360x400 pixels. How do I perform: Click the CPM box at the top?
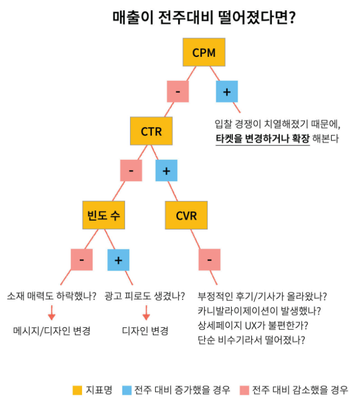tap(204, 52)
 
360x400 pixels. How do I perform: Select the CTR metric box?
tap(151, 131)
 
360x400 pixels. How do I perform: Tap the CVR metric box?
tap(186, 215)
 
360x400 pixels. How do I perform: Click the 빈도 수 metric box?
tap(103, 215)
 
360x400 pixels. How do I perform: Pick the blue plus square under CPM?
tap(227, 92)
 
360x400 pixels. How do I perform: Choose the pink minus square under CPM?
tap(178, 92)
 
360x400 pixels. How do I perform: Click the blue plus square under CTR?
tap(167, 170)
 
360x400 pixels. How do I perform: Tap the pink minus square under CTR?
tap(131, 170)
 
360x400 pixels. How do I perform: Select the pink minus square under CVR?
tap(210, 260)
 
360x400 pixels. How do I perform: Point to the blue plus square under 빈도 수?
tap(119, 260)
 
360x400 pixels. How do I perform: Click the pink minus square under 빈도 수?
tap(81, 260)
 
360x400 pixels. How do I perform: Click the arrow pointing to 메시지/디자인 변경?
tap(52, 313)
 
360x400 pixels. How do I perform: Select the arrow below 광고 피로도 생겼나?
tap(146, 313)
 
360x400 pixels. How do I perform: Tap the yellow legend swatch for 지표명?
tap(77, 390)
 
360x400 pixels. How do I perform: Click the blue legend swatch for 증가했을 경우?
tap(127, 390)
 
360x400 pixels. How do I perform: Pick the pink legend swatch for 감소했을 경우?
tap(245, 390)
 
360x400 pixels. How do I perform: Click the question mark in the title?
tap(292, 17)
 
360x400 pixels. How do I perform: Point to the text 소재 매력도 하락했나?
tap(52, 296)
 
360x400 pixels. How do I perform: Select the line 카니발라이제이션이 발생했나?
tap(259, 311)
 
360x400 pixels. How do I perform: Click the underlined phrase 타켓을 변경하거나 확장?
tap(263, 138)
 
